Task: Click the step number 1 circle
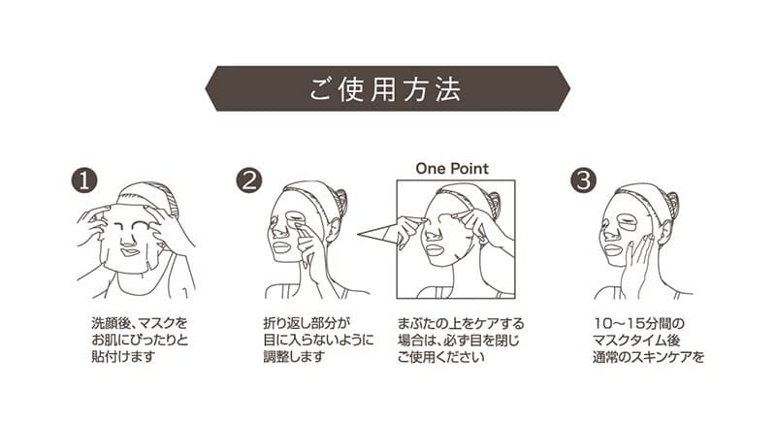[x=84, y=180]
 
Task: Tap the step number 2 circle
[x=249, y=180]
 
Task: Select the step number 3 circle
[x=584, y=180]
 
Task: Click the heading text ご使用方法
[x=385, y=89]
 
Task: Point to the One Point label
[x=452, y=169]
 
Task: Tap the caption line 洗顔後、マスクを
[x=140, y=324]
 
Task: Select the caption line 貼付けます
[x=123, y=356]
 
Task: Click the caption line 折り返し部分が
[x=307, y=324]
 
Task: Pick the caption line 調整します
[x=294, y=356]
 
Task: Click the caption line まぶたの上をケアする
[x=461, y=324]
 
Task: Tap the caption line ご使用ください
[x=441, y=356]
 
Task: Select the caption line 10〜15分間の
[x=639, y=324]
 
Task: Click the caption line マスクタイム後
[x=636, y=341]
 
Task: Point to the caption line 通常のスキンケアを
[x=648, y=357]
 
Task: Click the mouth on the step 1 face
[x=130, y=251]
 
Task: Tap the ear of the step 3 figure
[x=663, y=232]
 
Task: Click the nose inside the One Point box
[x=432, y=233]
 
